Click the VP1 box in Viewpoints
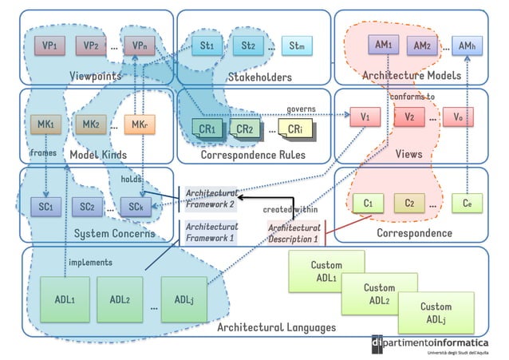point(49,46)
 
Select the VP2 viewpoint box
point(90,46)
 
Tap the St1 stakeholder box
point(207,46)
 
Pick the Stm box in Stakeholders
point(296,46)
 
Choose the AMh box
point(468,46)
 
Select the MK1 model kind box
point(45,125)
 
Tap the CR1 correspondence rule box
point(207,129)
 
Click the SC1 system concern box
point(45,207)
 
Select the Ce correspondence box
point(468,204)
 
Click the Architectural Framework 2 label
point(210,198)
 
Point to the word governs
point(302,109)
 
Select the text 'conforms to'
point(412,97)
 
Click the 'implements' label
point(90,262)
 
